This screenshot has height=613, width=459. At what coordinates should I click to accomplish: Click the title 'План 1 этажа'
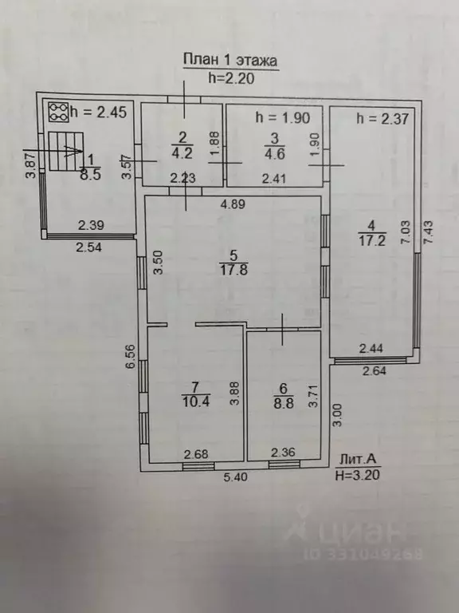click(x=230, y=61)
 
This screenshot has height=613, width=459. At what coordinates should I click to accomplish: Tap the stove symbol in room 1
click(x=59, y=113)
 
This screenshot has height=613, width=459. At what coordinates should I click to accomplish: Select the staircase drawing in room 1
click(x=66, y=151)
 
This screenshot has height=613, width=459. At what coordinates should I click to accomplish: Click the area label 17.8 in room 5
click(x=233, y=270)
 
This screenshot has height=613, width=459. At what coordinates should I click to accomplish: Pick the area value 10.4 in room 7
click(x=195, y=401)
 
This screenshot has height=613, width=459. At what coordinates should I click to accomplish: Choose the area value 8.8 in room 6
click(x=284, y=403)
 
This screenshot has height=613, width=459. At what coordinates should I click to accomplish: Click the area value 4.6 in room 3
click(x=275, y=153)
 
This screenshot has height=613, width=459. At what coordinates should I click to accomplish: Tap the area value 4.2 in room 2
click(x=182, y=152)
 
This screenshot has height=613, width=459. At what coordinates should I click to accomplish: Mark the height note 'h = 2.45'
click(x=99, y=113)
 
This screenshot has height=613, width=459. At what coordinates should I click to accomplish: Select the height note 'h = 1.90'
click(x=283, y=117)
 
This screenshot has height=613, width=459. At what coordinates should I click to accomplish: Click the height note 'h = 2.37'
click(x=382, y=118)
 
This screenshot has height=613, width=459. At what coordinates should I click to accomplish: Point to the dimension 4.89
click(x=233, y=204)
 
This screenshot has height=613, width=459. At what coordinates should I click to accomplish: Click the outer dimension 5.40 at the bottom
click(x=236, y=477)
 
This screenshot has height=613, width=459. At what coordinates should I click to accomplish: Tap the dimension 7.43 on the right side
click(x=428, y=232)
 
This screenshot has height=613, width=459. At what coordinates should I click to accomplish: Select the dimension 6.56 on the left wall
click(x=131, y=356)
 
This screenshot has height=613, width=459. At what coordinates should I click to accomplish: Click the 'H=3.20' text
click(x=358, y=475)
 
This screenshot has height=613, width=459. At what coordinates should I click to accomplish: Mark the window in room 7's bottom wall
click(x=198, y=466)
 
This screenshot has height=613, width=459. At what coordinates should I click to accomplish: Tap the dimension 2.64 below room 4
click(x=375, y=370)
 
